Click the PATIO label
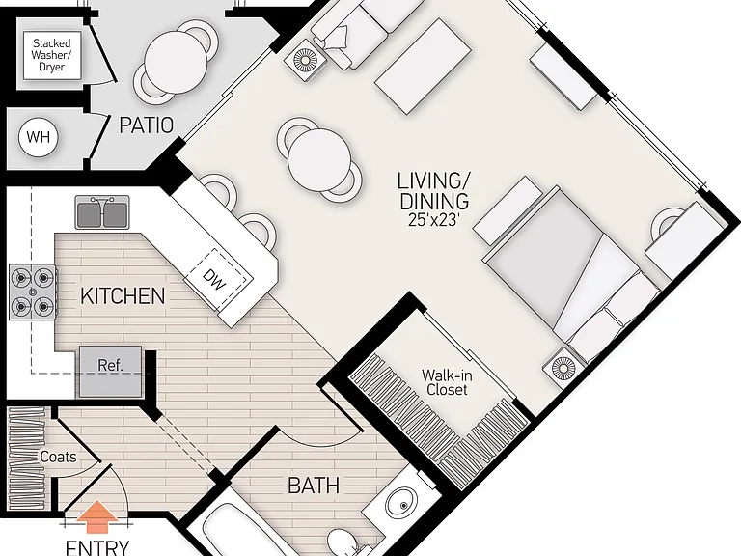(x=146, y=125)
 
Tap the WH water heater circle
(x=38, y=137)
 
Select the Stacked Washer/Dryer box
(x=51, y=55)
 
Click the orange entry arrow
(x=97, y=517)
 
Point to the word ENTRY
(x=97, y=547)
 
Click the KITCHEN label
(x=123, y=296)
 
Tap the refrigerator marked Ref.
(x=110, y=372)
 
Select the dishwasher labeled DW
(x=215, y=279)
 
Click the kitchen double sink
(x=102, y=211)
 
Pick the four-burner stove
(x=32, y=292)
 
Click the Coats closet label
(x=58, y=457)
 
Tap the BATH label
(x=314, y=486)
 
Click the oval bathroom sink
(x=401, y=503)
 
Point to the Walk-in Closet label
(x=447, y=382)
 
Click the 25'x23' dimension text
(x=434, y=220)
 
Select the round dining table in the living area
(x=320, y=159)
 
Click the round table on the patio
(x=176, y=62)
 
